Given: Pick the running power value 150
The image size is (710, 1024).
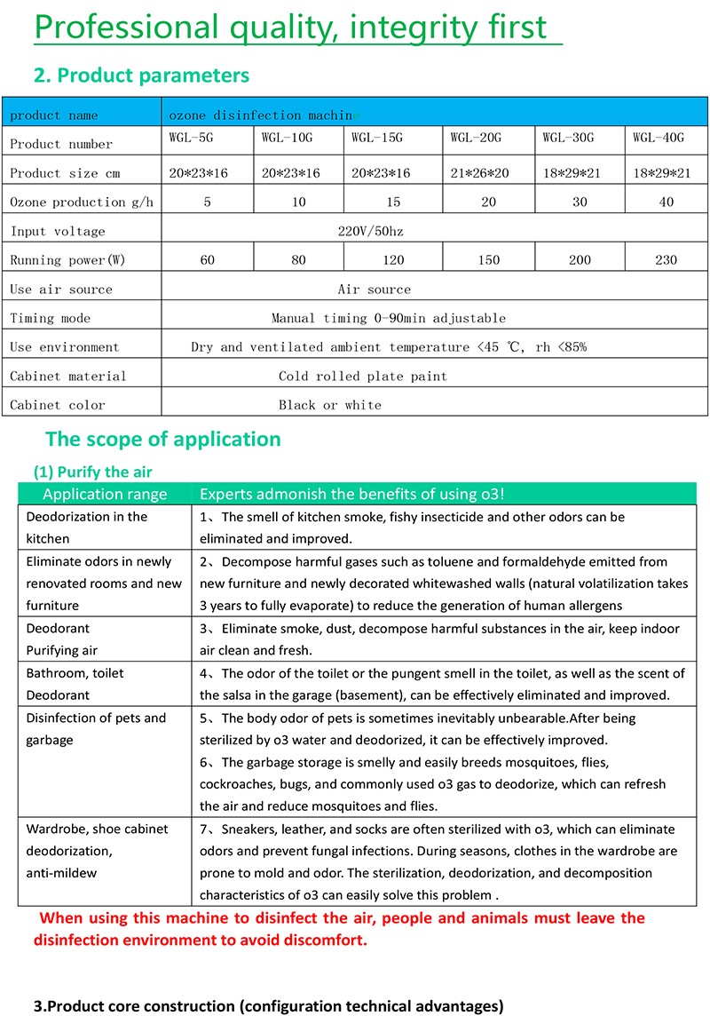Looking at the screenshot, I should (x=488, y=260).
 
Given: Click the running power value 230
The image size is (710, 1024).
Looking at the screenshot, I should (x=666, y=260).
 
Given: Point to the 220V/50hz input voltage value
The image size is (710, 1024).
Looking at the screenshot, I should (x=371, y=231).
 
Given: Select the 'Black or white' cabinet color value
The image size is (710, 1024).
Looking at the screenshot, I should (x=330, y=405).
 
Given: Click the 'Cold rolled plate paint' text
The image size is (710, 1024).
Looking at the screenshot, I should (x=363, y=376).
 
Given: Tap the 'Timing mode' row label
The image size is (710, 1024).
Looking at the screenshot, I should (x=51, y=318).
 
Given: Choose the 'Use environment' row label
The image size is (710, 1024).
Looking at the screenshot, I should (x=64, y=347).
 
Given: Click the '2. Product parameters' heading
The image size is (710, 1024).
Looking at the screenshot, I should (x=141, y=75).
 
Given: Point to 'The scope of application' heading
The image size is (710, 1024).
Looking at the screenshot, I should (x=162, y=439).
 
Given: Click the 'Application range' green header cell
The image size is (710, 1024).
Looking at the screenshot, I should (x=105, y=495).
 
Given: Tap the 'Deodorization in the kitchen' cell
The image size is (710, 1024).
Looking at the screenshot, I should (x=87, y=528).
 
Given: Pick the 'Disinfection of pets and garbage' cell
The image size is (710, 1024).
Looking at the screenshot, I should (x=96, y=728).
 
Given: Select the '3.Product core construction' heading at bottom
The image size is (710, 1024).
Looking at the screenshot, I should (x=268, y=1006).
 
